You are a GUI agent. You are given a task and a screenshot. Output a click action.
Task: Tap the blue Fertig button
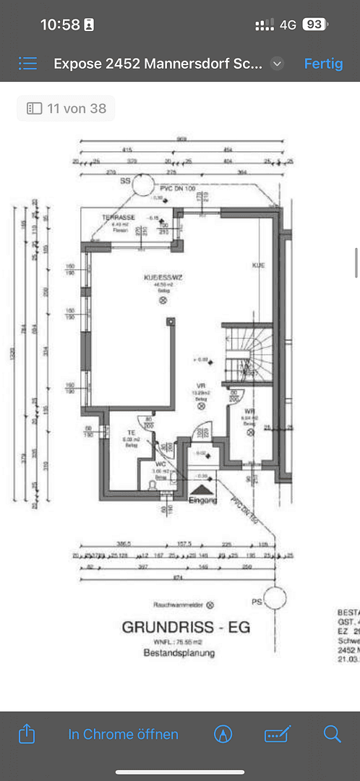[323, 63]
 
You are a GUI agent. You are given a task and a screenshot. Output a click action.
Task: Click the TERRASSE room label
[119, 218]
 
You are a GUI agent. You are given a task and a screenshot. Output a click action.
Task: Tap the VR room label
[202, 386]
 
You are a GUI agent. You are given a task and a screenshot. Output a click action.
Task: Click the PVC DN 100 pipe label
[174, 189]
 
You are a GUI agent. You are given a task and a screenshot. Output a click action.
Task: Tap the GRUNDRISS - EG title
[186, 627]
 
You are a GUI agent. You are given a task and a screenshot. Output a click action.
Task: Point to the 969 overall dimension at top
[182, 139]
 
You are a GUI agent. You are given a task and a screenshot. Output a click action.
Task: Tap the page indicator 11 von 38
[66, 108]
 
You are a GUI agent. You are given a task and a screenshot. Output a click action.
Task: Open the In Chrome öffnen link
[123, 734]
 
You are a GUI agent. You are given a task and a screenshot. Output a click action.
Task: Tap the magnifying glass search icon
[332, 734]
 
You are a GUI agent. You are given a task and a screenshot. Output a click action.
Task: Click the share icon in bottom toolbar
[26, 734]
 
